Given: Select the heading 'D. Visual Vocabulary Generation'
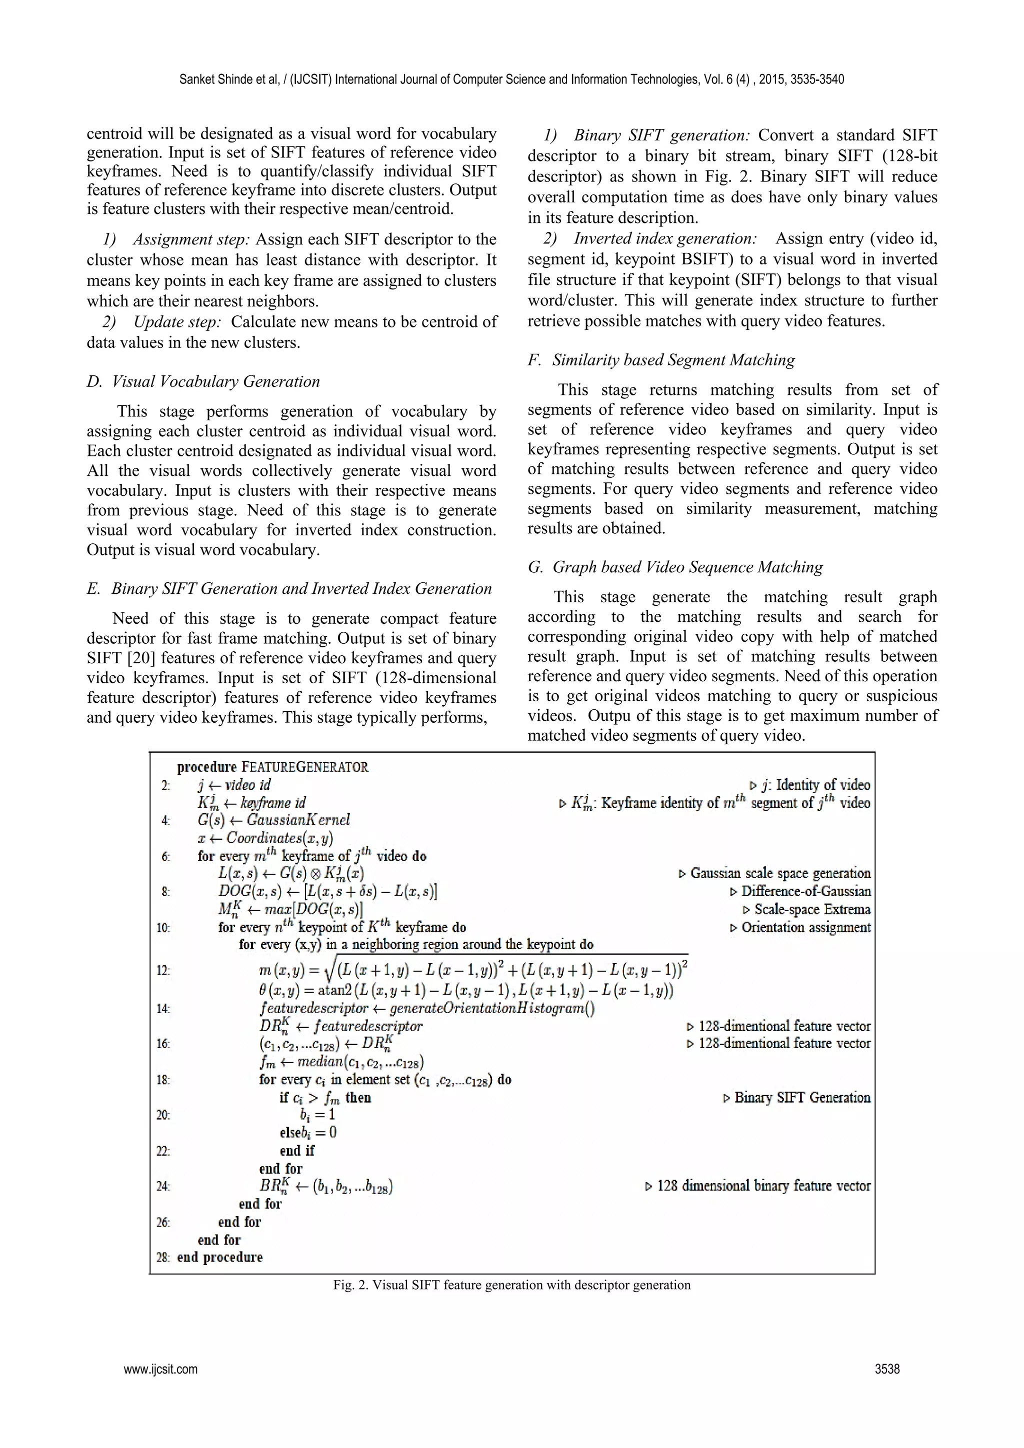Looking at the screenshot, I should pyautogui.click(x=203, y=381).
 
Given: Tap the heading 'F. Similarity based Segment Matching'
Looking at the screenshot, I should pyautogui.click(x=660, y=360).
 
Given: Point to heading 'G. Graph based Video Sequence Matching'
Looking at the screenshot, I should pyautogui.click(x=675, y=567).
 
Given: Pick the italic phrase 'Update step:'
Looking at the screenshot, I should pyautogui.click(x=177, y=322).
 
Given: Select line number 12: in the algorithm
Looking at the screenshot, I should pyautogui.click(x=163, y=971).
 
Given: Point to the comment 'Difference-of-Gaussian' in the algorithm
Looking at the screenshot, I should pyautogui.click(x=805, y=891).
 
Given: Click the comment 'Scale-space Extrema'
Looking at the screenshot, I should pyautogui.click(x=812, y=909).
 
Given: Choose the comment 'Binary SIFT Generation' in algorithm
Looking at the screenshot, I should pyautogui.click(x=802, y=1097).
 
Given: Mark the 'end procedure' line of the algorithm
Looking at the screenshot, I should pyautogui.click(x=219, y=1257).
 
